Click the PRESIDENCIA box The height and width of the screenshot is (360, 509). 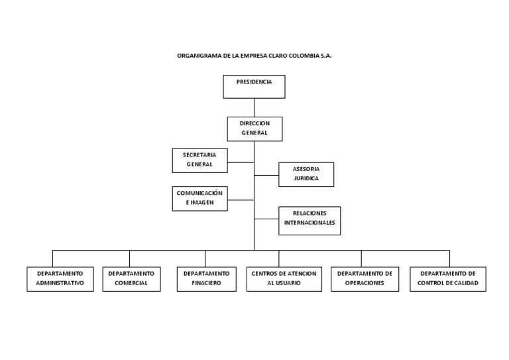(254, 86)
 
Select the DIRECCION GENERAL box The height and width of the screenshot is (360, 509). (254, 129)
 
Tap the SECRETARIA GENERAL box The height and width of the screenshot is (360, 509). (199, 160)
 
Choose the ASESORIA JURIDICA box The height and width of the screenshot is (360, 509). (306, 174)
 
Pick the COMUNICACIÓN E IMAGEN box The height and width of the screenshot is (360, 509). (199, 198)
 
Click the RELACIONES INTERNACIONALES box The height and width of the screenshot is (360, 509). (310, 220)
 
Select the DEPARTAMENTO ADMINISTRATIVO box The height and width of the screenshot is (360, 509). (60, 278)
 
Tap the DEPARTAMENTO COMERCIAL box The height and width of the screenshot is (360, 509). (131, 278)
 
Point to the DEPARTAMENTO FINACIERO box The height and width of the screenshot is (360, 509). (206, 278)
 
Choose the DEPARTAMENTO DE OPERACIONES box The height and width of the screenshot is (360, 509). (365, 278)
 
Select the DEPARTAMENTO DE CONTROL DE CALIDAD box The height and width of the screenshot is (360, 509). (448, 278)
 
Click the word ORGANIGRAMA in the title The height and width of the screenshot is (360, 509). (198, 56)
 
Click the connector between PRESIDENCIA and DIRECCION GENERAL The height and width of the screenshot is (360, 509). (254, 107)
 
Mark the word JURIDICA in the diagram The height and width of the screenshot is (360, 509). (306, 179)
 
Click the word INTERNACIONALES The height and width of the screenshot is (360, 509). (310, 223)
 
